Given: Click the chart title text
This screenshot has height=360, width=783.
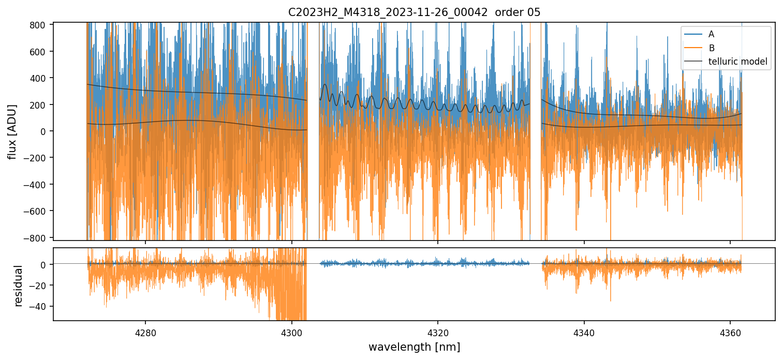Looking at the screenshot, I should pyautogui.click(x=414, y=12).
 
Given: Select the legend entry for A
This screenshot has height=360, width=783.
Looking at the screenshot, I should pyautogui.click(x=711, y=35).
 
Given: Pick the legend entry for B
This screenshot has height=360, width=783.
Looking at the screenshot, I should pyautogui.click(x=712, y=48).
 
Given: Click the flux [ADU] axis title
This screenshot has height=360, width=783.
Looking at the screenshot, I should pyautogui.click(x=12, y=131).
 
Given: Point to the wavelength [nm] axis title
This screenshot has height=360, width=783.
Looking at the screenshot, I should pyautogui.click(x=414, y=347).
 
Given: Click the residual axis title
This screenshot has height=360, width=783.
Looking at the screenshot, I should pyautogui.click(x=19, y=286).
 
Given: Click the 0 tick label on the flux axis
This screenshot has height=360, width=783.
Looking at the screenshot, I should pyautogui.click(x=45, y=131).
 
